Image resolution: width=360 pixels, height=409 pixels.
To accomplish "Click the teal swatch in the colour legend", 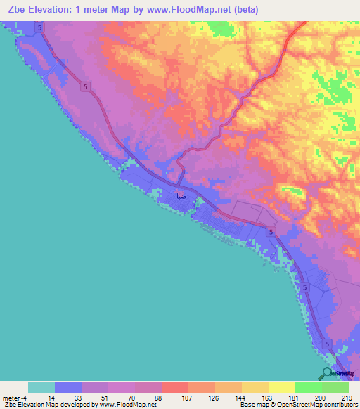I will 41,387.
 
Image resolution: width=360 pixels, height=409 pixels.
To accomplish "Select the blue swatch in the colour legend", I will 68,387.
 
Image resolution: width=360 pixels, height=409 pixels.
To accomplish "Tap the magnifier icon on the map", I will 327,373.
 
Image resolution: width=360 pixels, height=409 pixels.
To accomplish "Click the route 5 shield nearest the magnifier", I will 328,343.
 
